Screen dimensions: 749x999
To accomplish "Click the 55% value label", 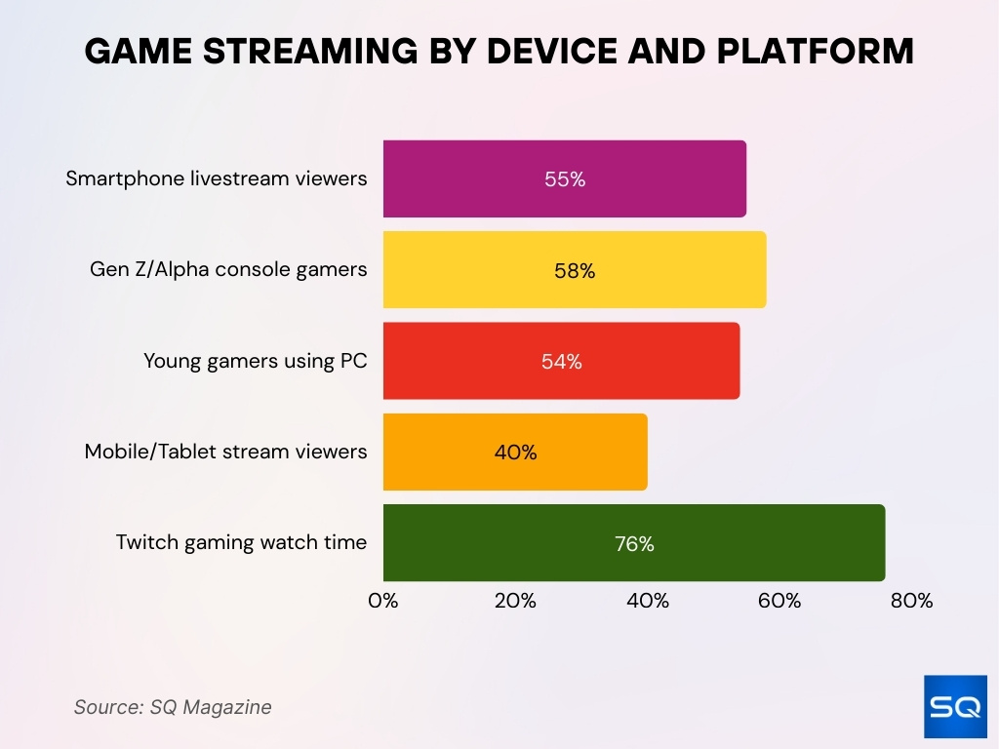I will coord(565,179).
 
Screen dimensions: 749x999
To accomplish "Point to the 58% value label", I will coord(575,271).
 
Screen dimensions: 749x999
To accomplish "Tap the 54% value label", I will coord(562,362).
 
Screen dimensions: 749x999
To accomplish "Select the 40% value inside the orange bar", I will coord(515,453).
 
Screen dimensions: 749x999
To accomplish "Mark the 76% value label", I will coord(634,544).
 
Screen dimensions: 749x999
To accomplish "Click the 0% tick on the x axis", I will coord(383,601).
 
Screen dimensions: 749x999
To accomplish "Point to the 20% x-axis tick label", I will coord(515,601).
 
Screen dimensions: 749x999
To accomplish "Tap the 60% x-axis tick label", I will coord(779,601).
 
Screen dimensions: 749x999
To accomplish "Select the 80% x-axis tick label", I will coord(911,601).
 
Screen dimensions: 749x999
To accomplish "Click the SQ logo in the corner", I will coord(955,706).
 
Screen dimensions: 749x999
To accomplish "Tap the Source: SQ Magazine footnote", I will coord(173,707).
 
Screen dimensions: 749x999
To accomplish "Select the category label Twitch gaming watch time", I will coord(241,542).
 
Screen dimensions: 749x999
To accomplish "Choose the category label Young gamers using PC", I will coord(256,361).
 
